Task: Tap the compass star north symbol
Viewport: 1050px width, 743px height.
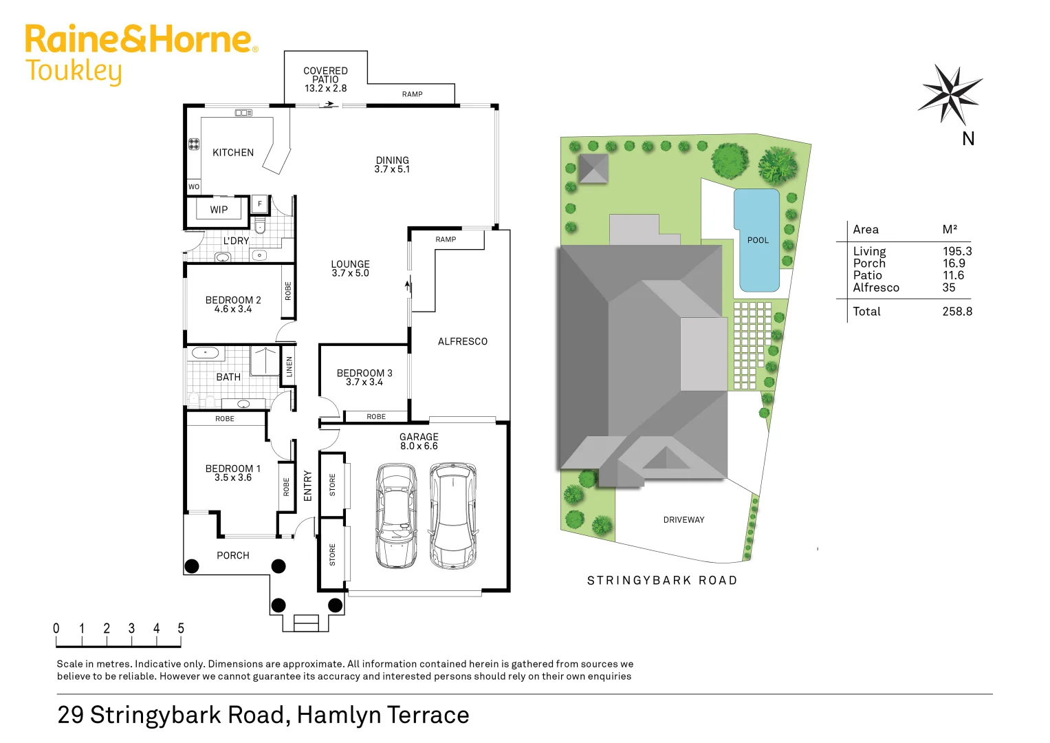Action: pyautogui.click(x=950, y=94)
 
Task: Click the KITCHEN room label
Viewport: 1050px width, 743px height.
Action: pyautogui.click(x=233, y=153)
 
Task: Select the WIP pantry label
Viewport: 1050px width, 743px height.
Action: pyautogui.click(x=219, y=210)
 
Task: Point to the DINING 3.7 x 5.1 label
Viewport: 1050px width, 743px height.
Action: pyautogui.click(x=392, y=164)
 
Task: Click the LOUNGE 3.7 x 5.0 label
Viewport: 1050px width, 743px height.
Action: pyautogui.click(x=350, y=268)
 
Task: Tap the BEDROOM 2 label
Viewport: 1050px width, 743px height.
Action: pyautogui.click(x=233, y=304)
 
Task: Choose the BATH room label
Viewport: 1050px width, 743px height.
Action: pyautogui.click(x=228, y=377)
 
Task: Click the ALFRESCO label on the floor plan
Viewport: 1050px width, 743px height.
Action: pyautogui.click(x=462, y=341)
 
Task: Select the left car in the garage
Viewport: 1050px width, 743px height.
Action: pyautogui.click(x=397, y=515)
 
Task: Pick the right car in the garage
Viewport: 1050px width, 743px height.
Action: pyautogui.click(x=453, y=515)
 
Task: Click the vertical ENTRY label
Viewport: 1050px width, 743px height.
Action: pyautogui.click(x=307, y=486)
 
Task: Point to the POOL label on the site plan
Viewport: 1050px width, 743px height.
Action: pyautogui.click(x=758, y=240)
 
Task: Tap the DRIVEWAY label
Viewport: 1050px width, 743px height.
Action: pyautogui.click(x=683, y=520)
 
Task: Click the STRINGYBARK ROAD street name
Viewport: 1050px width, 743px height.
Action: pyautogui.click(x=661, y=581)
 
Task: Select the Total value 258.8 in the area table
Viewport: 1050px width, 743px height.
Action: pyautogui.click(x=957, y=312)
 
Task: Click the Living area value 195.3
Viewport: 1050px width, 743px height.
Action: pyautogui.click(x=957, y=252)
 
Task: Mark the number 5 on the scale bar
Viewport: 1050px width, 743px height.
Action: pyautogui.click(x=181, y=628)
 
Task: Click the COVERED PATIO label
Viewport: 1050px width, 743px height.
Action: pyautogui.click(x=325, y=79)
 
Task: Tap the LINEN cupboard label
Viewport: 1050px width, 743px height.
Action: pyautogui.click(x=289, y=367)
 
